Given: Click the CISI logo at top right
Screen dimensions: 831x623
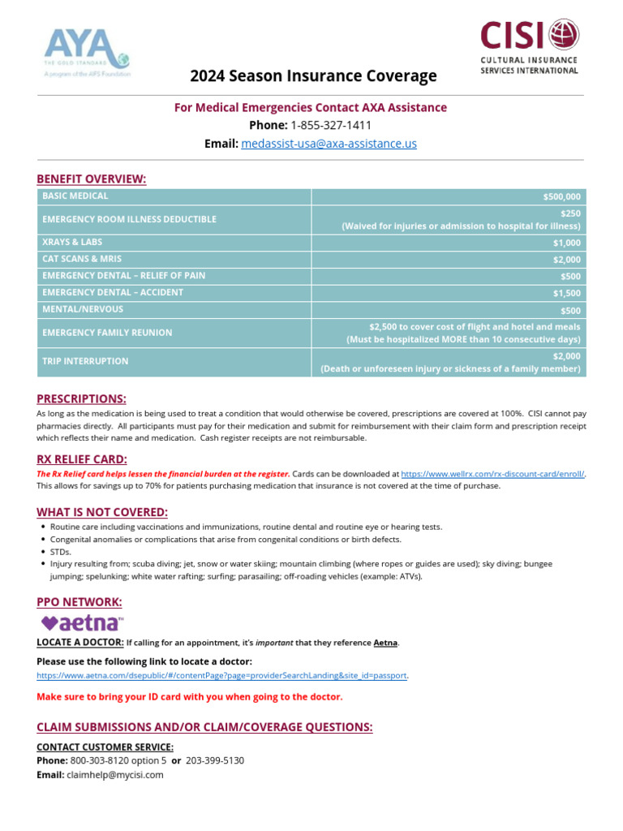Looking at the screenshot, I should pos(530,47).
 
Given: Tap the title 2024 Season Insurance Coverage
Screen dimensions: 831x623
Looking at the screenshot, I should pos(313,76).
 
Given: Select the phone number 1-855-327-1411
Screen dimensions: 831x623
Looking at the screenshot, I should pos(331,125).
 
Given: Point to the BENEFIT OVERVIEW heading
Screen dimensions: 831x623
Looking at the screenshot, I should pos(91,179).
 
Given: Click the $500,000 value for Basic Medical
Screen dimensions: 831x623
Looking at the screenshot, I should pos(561,197).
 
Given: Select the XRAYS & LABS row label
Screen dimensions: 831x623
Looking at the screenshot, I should pos(72,242).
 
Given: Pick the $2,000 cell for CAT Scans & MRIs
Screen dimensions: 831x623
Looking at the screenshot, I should pos(566,260).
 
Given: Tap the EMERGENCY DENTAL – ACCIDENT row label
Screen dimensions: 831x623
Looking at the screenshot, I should pos(113,292).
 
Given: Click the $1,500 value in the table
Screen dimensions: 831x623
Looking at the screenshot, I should pos(566,294).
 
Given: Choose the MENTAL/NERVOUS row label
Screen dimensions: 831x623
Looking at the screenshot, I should pos(83,309).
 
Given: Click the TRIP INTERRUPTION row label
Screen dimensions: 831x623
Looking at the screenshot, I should pos(85,361).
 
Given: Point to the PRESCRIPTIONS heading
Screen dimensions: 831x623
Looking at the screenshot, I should pos(81,398).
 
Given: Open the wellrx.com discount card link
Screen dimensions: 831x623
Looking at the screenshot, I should pos(493,474).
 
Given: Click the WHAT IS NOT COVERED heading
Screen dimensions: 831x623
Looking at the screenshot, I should pos(102,512).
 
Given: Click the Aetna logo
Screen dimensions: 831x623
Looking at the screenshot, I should pos(82,622).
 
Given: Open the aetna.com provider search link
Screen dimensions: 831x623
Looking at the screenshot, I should pos(221,675).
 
